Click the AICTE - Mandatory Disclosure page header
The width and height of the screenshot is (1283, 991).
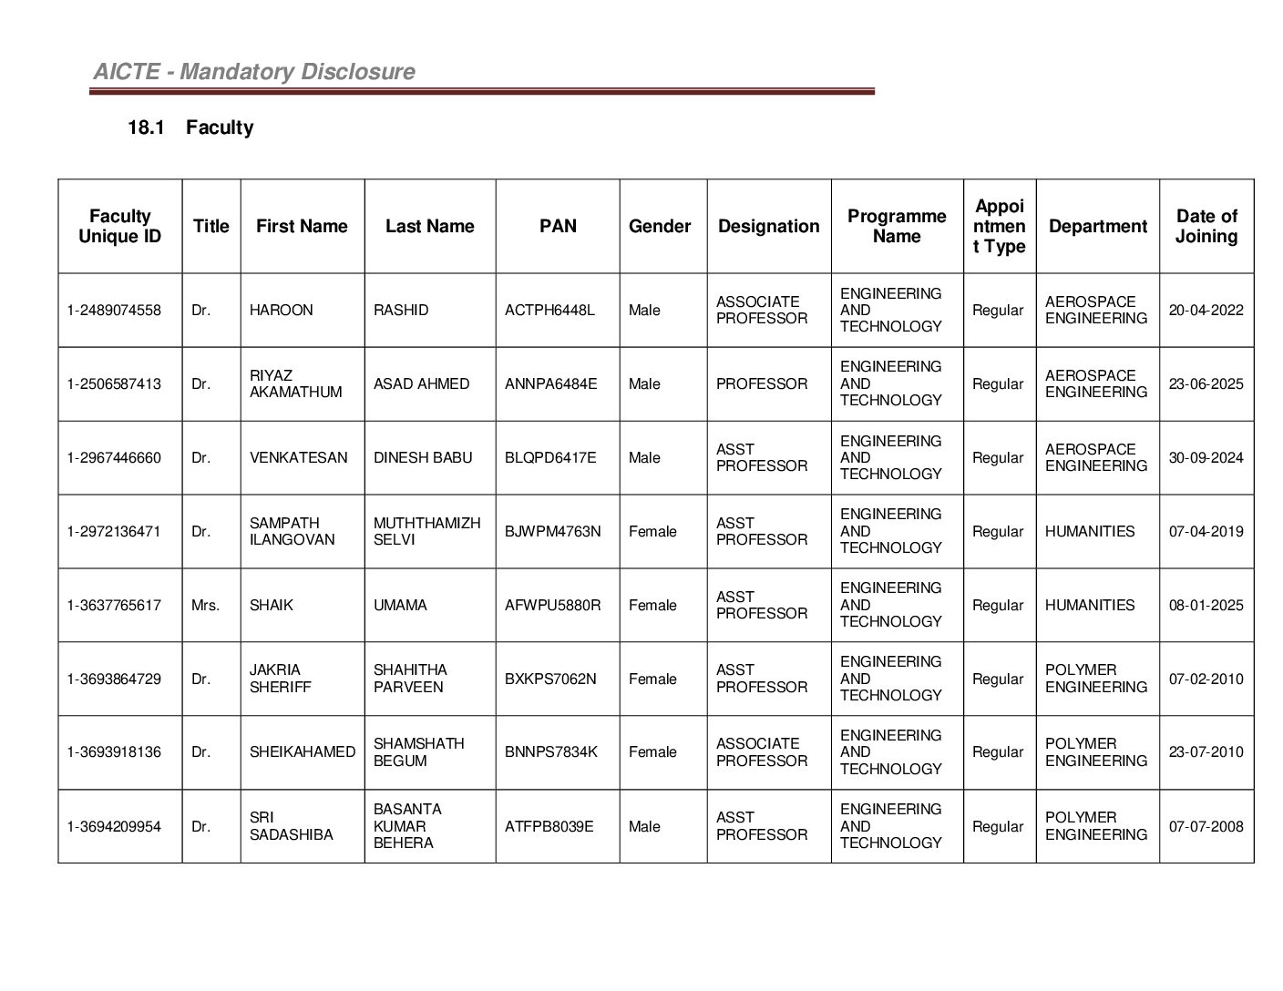tap(254, 72)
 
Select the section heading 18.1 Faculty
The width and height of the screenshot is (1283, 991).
tap(190, 128)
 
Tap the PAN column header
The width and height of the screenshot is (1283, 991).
tap(558, 226)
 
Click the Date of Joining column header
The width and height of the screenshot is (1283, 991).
tap(1206, 226)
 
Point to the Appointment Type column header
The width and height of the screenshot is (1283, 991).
tap(1000, 226)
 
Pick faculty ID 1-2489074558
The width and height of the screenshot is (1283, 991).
tap(114, 311)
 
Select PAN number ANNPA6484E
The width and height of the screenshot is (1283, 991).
tap(551, 384)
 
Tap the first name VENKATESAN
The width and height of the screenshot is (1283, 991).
tap(299, 458)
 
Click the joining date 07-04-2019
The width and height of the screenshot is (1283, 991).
tap(1206, 532)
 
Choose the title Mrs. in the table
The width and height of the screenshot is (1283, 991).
tap(206, 606)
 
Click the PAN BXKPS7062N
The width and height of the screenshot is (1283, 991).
tap(550, 679)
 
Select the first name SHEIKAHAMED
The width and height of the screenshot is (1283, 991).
tap(303, 752)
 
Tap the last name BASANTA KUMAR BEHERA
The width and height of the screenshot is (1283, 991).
tap(407, 826)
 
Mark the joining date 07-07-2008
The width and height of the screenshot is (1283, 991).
tap(1206, 827)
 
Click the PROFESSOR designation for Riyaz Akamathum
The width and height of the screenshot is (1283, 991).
tap(762, 384)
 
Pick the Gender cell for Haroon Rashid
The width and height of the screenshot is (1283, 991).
tap(644, 311)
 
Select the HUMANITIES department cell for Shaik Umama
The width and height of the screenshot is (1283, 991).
tap(1090, 606)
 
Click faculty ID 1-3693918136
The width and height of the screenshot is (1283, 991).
tap(114, 752)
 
